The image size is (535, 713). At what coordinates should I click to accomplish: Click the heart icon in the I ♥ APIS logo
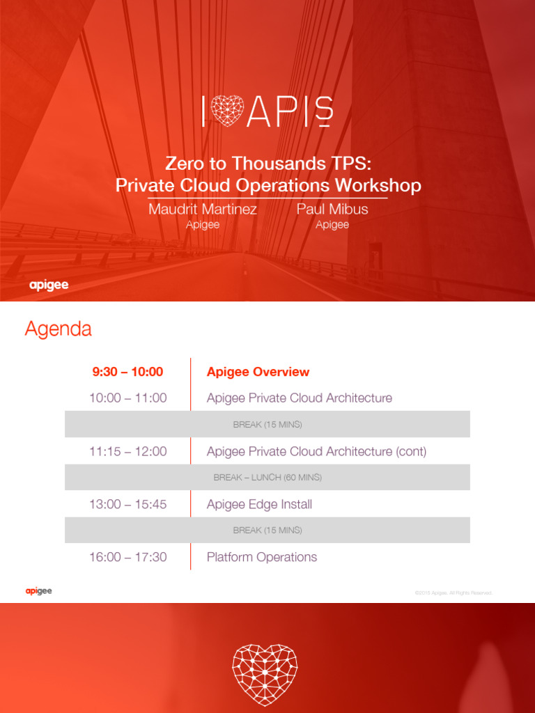point(228,112)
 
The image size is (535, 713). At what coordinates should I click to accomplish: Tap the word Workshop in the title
point(378,186)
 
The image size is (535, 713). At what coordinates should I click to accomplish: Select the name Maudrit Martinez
point(203,209)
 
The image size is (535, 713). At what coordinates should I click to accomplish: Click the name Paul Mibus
point(332,209)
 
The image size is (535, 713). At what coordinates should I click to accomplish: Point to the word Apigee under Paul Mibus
point(332,225)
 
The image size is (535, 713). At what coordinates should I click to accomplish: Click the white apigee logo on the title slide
point(49,285)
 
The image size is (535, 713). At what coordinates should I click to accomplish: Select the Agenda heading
point(59,329)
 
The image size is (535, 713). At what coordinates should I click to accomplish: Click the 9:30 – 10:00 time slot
point(127,372)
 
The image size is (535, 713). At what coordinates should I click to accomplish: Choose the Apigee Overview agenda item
point(258,372)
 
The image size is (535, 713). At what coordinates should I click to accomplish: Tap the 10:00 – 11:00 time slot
point(127,398)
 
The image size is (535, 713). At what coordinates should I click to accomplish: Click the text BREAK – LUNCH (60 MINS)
point(267,478)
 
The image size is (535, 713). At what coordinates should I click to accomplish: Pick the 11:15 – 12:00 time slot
point(127,451)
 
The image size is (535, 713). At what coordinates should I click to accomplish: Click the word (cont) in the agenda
point(411,451)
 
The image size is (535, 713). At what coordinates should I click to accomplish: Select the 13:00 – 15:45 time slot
point(127,504)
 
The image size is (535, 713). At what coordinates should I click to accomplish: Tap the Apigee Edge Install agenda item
point(259,504)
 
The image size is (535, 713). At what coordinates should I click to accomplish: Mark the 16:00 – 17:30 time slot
point(127,557)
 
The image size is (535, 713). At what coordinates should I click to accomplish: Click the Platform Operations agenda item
point(262,557)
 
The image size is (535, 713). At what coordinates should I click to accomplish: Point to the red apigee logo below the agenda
point(39,591)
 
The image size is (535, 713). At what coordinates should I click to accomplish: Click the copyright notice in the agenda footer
point(453,593)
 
